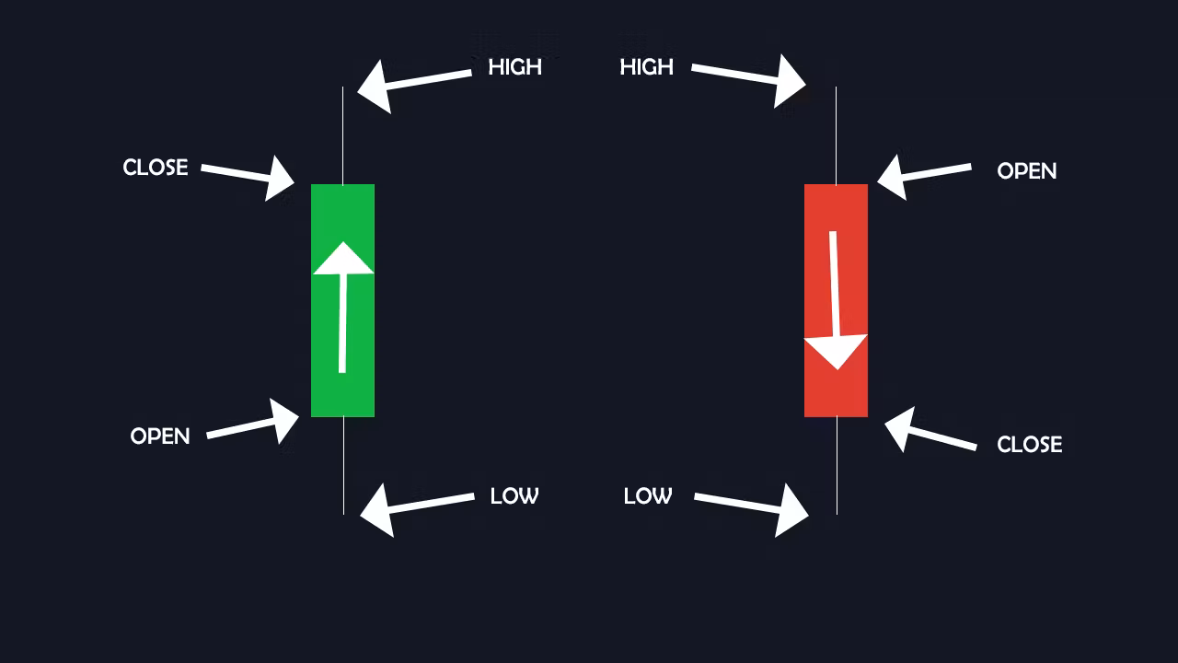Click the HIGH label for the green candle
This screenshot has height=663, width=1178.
(514, 67)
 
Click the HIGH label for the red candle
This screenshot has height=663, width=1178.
(646, 67)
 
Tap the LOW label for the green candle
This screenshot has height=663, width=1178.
(514, 496)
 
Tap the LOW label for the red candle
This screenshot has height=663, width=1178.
(648, 496)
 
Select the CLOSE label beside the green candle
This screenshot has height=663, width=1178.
(156, 168)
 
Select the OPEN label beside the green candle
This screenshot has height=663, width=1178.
(160, 436)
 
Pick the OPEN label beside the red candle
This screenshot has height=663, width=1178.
(1026, 171)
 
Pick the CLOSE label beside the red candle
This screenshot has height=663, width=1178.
(1029, 445)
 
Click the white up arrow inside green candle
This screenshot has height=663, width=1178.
(343, 308)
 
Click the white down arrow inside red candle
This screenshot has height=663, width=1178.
(835, 300)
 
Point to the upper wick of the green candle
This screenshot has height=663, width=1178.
(343, 135)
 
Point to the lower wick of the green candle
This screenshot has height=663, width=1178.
(343, 466)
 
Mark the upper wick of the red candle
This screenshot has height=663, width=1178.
(837, 135)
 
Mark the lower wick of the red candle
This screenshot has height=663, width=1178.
(837, 466)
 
